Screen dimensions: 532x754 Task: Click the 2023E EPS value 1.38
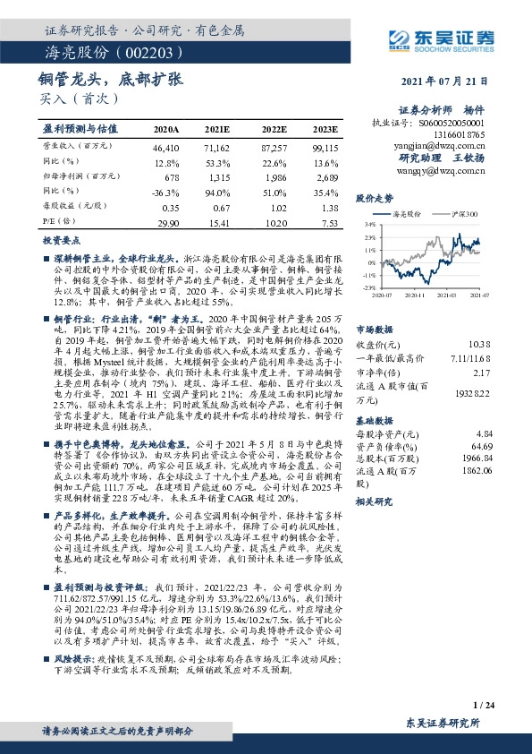330,207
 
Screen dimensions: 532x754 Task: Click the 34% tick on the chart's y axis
368,225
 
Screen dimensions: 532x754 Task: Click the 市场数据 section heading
375,304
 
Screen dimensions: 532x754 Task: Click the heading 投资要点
63,242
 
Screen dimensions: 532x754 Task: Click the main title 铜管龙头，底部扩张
111,80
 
